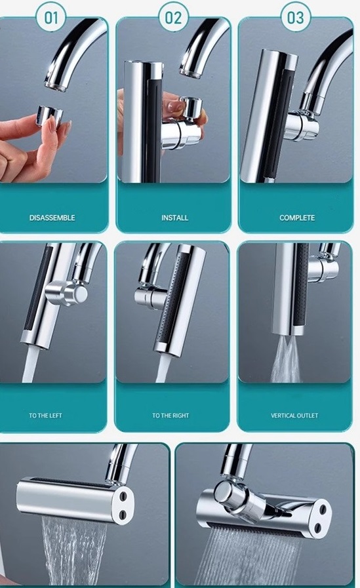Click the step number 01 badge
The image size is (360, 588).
pyautogui.click(x=51, y=17)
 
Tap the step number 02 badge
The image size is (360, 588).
pyautogui.click(x=173, y=17)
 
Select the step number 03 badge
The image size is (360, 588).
pyautogui.click(x=296, y=17)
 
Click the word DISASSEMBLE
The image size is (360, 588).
pyautogui.click(x=52, y=218)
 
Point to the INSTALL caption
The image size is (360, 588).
pyautogui.click(x=174, y=218)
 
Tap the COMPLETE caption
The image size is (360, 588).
pyautogui.click(x=297, y=218)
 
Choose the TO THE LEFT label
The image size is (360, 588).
pyautogui.click(x=45, y=416)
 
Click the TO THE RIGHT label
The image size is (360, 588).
pyautogui.click(x=170, y=416)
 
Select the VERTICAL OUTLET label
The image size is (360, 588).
pyautogui.click(x=294, y=416)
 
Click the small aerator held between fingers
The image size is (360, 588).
pyautogui.click(x=50, y=114)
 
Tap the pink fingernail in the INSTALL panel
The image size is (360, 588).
pyautogui.click(x=174, y=106)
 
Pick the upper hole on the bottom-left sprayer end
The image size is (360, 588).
pyautogui.click(x=123, y=496)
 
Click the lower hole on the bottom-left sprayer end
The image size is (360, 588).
pyautogui.click(x=123, y=513)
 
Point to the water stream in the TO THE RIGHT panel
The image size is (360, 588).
pyautogui.click(x=163, y=368)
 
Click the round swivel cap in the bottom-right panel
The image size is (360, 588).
pyautogui.click(x=224, y=493)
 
